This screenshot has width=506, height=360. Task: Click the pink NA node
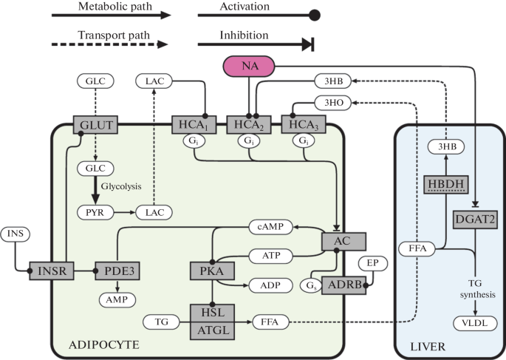[249, 67]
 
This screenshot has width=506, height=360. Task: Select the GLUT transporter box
[95, 125]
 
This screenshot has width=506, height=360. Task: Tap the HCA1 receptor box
[194, 125]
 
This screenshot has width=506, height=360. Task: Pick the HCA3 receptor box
[304, 124]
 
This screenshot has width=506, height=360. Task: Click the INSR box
[52, 271]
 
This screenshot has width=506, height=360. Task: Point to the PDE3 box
[117, 271]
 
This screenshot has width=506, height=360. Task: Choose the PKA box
[212, 271]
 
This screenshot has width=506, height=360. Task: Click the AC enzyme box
[343, 241]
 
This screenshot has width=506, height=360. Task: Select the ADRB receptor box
[343, 285]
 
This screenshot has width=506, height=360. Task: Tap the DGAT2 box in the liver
[475, 220]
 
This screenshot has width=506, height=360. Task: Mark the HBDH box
[446, 184]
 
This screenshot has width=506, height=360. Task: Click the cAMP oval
[271, 227]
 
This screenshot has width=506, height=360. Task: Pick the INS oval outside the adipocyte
[16, 234]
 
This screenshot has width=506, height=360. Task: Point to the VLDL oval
[475, 323]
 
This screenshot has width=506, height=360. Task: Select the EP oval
[373, 263]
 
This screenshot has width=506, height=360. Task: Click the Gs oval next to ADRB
[311, 285]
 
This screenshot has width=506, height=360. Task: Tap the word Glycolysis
[121, 186]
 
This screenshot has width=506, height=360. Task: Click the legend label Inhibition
[244, 35]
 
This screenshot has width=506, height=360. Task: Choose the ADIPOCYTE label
[104, 344]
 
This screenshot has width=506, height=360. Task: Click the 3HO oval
[333, 103]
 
